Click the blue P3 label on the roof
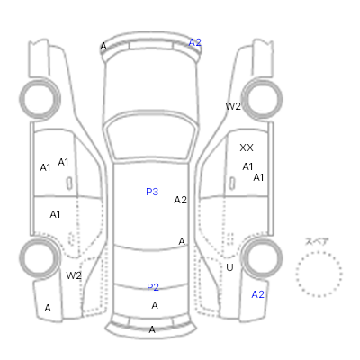(152, 192)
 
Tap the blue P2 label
(153, 287)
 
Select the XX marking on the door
(247, 148)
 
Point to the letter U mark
(229, 267)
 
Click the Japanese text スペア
(317, 241)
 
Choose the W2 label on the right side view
(233, 106)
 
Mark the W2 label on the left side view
(74, 275)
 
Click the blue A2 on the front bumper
(194, 42)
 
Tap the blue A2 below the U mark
(258, 294)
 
